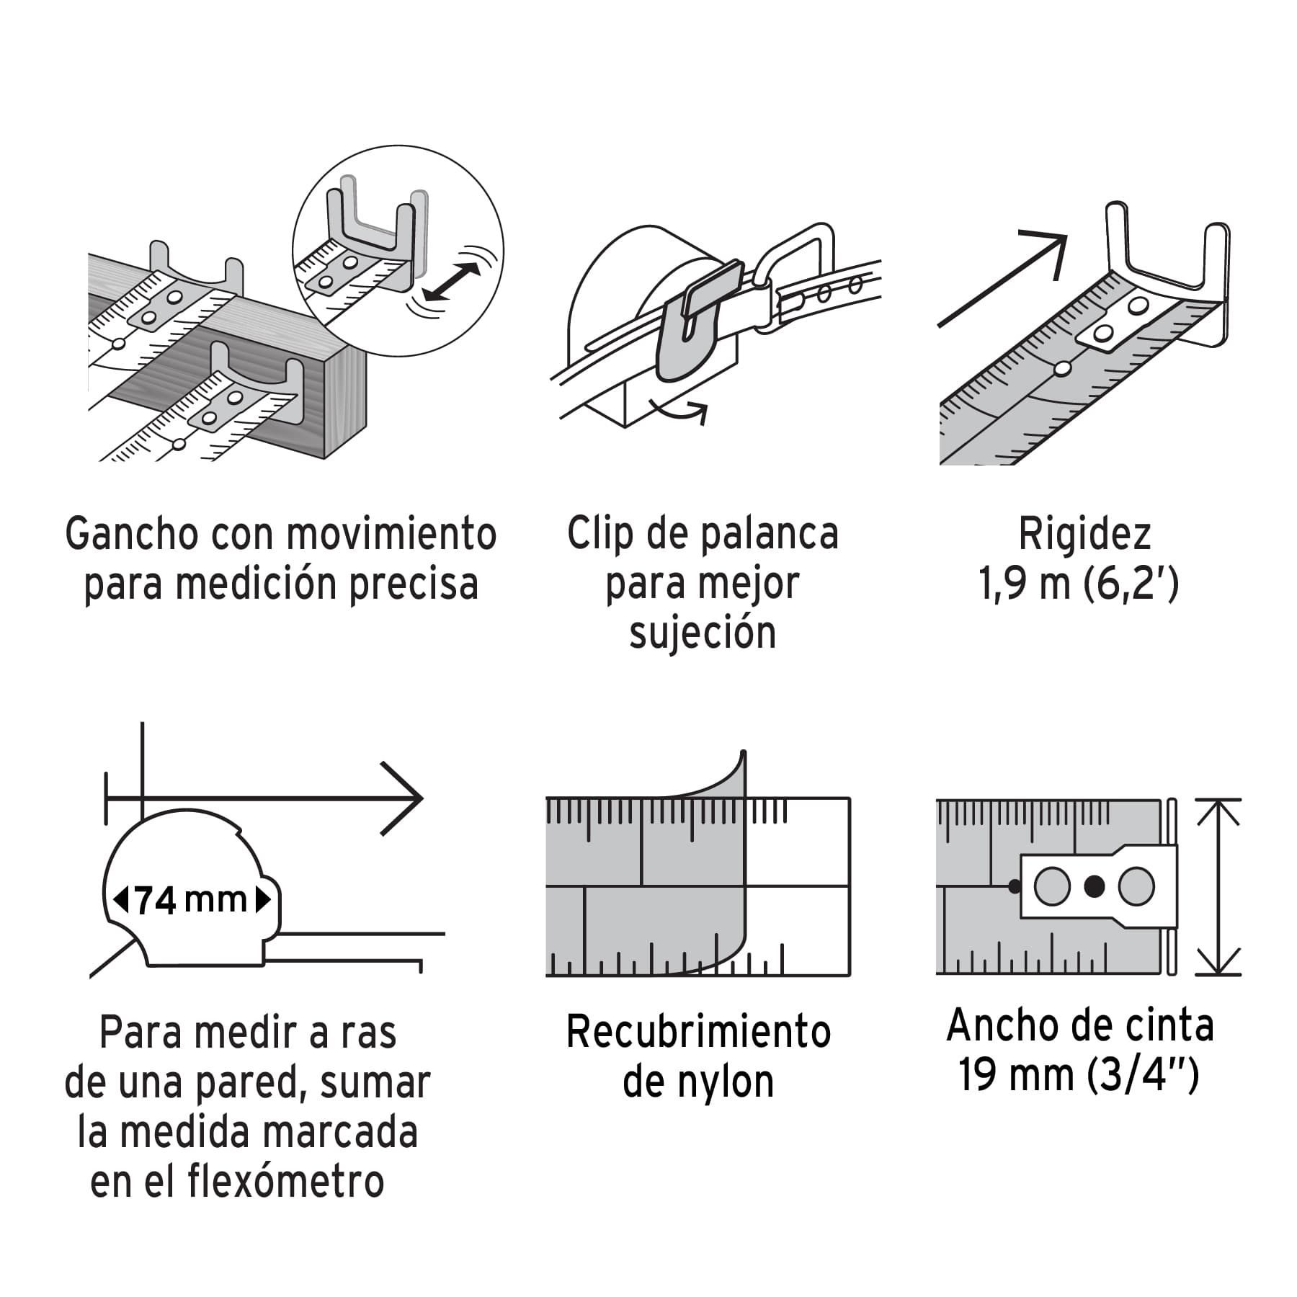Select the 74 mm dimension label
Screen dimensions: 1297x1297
(x=192, y=900)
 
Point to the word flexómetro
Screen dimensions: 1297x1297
(x=286, y=1181)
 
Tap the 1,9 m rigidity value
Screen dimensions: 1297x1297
(x=1024, y=584)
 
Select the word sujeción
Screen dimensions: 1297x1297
(x=703, y=633)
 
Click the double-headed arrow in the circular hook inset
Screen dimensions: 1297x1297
(x=452, y=282)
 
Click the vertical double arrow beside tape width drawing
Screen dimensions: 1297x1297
(x=1218, y=887)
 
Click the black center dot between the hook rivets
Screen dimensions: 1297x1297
(x=1094, y=886)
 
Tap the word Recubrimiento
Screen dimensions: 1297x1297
(x=698, y=1032)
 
